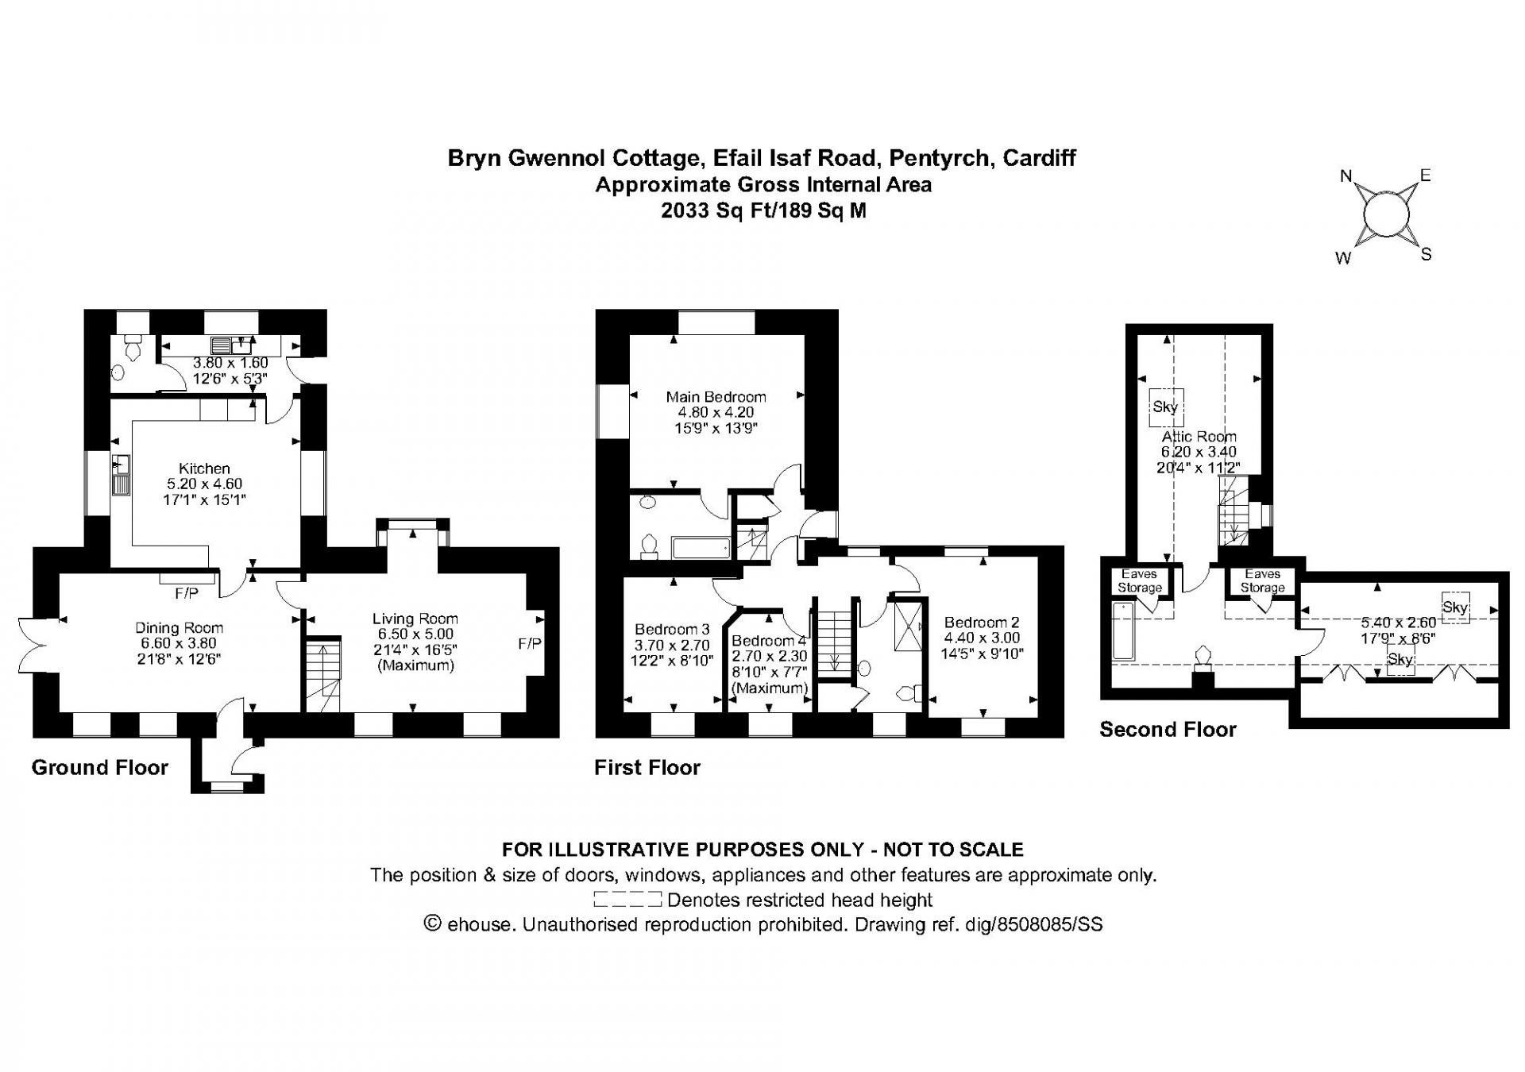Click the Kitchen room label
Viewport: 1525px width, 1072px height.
pos(204,469)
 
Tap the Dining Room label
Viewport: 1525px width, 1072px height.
pos(179,628)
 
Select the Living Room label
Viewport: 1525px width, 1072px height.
pos(415,619)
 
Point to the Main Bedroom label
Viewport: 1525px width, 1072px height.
pos(716,397)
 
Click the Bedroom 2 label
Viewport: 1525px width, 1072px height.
pos(982,623)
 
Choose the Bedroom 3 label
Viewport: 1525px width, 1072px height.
pos(672,630)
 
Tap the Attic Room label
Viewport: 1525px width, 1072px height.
pos(1199,437)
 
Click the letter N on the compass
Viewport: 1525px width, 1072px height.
pos(1346,176)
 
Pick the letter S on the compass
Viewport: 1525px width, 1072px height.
pos(1427,255)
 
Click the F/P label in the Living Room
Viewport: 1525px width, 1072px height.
pos(530,643)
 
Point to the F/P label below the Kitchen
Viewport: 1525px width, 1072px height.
pos(187,593)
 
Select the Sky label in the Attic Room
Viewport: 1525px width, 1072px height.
pos(1165,407)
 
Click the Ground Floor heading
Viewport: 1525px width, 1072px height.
pos(100,767)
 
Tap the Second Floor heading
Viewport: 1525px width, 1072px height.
pos(1168,730)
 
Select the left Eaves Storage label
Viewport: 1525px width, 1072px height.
pos(1140,580)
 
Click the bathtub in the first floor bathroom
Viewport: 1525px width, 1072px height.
pos(701,547)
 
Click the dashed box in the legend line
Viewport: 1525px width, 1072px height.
pos(627,900)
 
